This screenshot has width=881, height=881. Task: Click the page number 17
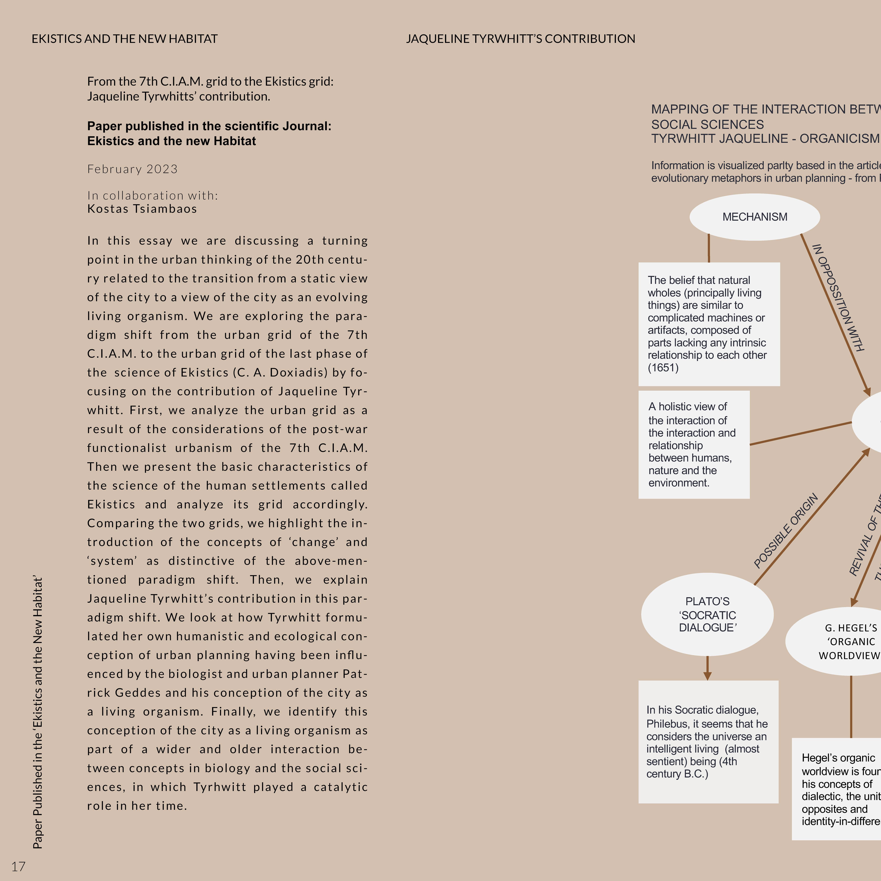click(18, 866)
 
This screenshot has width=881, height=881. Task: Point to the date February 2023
click(132, 169)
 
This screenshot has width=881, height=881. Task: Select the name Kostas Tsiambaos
click(142, 209)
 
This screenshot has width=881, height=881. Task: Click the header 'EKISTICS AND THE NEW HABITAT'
click(124, 39)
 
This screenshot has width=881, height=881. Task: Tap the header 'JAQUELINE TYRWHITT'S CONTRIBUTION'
click(520, 39)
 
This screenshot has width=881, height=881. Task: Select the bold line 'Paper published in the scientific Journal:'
click(209, 126)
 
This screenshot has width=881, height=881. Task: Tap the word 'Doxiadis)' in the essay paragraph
click(298, 373)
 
